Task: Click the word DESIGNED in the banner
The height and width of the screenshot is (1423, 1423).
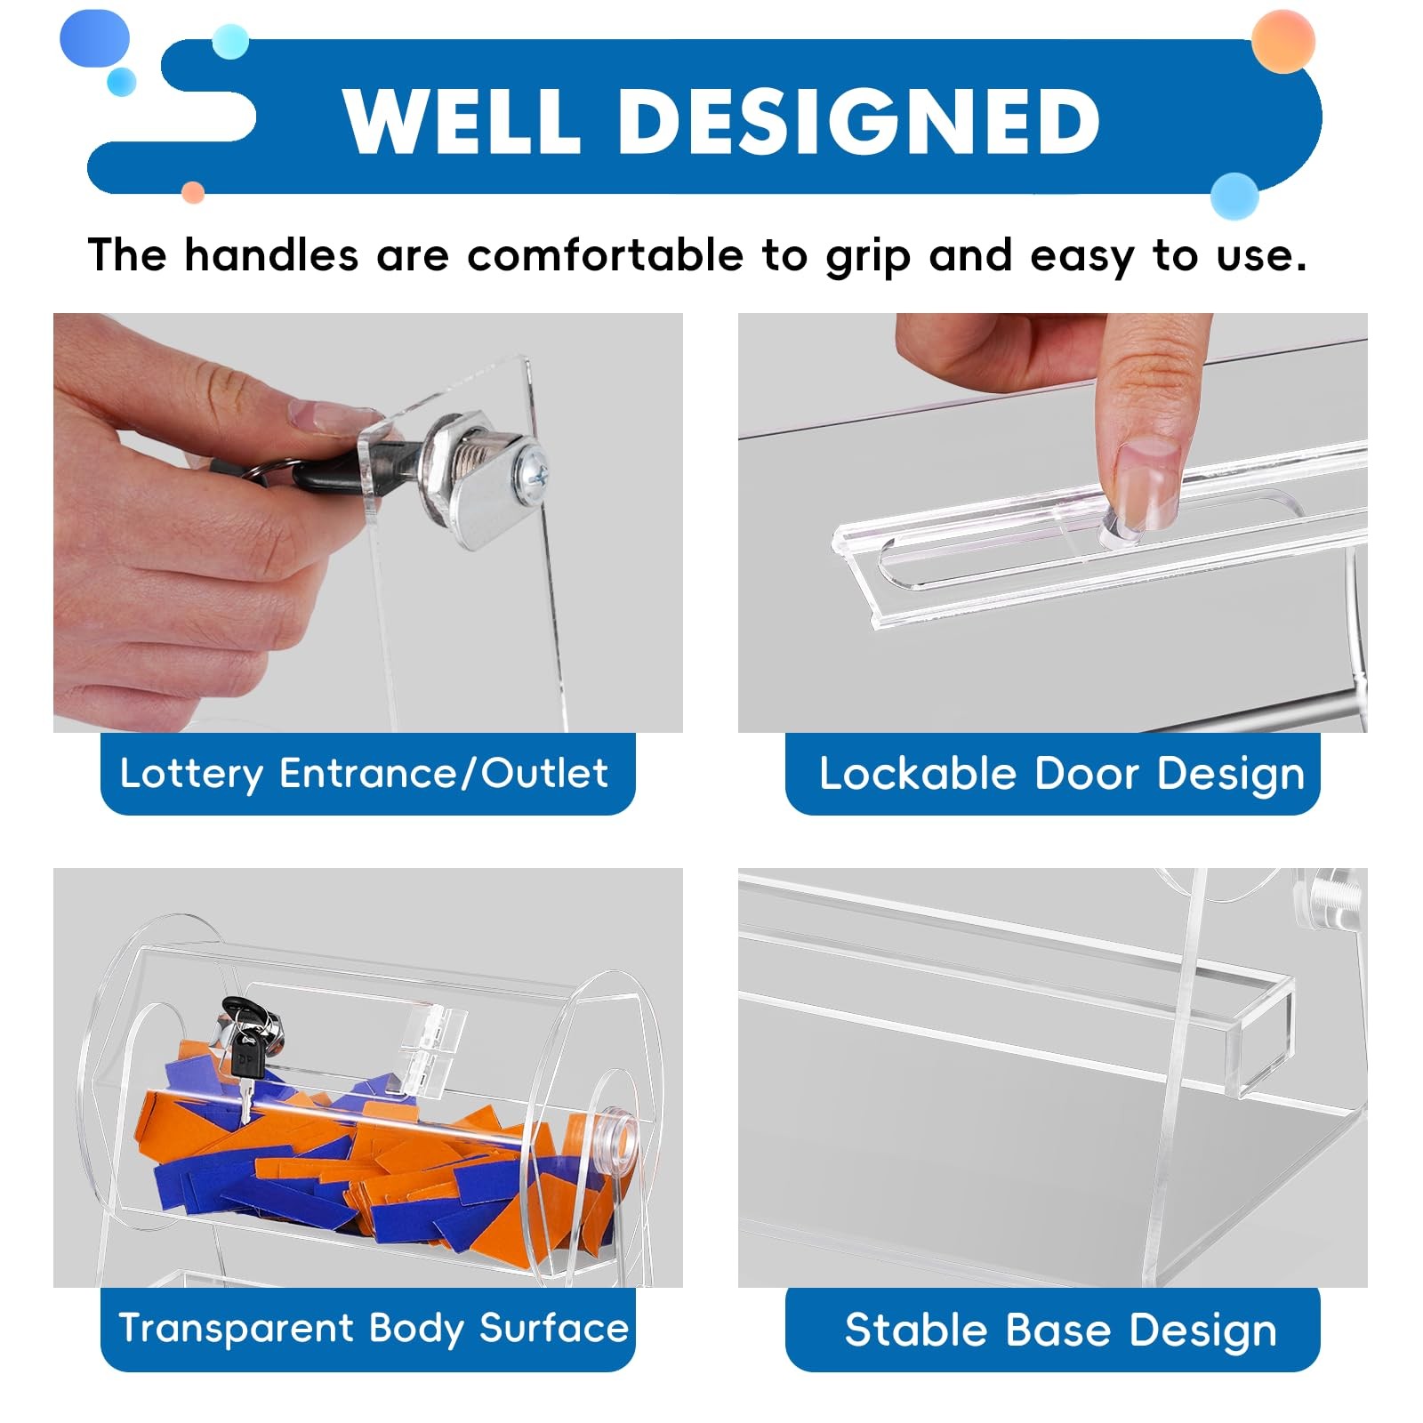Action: pyautogui.click(x=858, y=122)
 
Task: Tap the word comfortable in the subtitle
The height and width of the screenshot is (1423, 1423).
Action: pyautogui.click(x=605, y=256)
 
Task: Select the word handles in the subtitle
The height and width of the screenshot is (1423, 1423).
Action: pyautogui.click(x=271, y=256)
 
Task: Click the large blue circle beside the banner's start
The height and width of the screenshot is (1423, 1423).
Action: pyautogui.click(x=94, y=39)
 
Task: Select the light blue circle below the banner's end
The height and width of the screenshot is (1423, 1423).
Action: pyautogui.click(x=1234, y=196)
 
